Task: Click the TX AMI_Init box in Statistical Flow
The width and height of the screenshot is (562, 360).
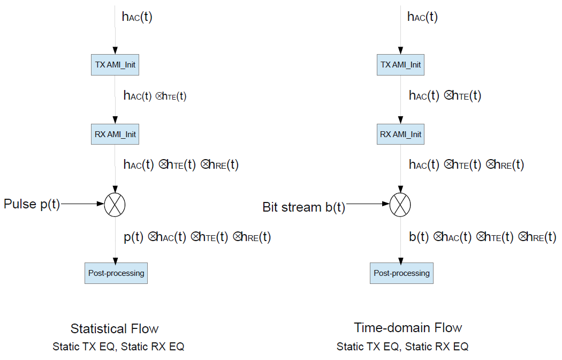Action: click(115, 65)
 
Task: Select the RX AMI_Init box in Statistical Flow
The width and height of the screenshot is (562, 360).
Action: click(115, 134)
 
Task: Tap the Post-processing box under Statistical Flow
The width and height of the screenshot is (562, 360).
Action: click(116, 273)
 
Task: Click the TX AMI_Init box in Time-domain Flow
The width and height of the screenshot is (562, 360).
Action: click(400, 65)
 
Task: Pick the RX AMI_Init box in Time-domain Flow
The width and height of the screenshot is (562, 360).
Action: click(400, 134)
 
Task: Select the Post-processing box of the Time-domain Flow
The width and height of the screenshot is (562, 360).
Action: click(401, 273)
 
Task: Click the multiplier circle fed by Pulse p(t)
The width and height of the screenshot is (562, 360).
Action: click(115, 204)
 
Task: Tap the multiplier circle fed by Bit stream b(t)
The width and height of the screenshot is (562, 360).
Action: click(400, 204)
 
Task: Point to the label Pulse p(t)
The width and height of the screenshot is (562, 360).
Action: click(32, 204)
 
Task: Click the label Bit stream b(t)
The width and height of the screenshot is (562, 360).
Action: click(303, 207)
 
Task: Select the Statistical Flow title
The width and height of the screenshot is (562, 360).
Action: click(115, 328)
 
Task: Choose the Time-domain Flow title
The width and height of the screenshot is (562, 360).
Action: click(408, 327)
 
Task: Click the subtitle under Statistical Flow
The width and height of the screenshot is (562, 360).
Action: click(118, 347)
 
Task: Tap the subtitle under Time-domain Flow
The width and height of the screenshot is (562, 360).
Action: click(402, 347)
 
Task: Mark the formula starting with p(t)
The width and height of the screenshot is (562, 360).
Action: click(197, 237)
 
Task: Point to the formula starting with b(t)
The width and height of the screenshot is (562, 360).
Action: click(482, 237)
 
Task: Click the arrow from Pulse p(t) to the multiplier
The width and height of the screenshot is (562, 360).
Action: click(83, 204)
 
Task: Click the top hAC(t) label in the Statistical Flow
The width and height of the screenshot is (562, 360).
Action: click(137, 17)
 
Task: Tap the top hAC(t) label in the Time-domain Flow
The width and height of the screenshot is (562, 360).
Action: click(422, 17)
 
